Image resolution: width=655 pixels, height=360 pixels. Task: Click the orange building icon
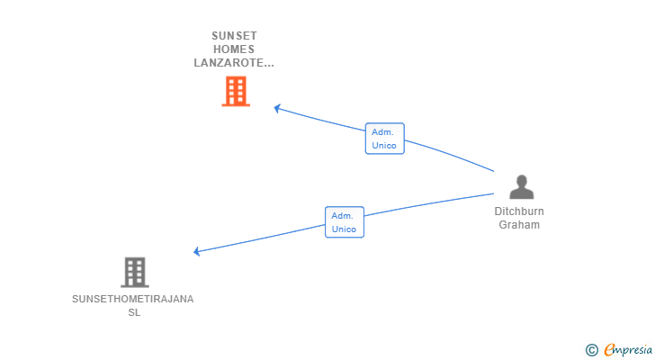click(x=235, y=91)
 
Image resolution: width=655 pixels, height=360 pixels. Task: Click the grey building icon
click(x=134, y=272)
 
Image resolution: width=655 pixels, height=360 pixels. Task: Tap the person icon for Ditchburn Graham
click(x=521, y=187)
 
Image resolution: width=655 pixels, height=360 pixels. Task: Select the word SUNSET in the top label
click(x=234, y=36)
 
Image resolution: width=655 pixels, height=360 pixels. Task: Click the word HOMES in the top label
click(x=234, y=49)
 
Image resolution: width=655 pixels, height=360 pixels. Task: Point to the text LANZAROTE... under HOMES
click(x=234, y=63)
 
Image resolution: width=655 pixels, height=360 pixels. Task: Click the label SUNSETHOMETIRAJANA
click(x=133, y=299)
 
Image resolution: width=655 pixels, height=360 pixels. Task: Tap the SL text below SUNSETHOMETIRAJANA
click(x=134, y=312)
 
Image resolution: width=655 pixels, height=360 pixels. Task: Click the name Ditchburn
click(x=519, y=211)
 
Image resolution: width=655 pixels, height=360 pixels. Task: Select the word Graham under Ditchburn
click(x=519, y=225)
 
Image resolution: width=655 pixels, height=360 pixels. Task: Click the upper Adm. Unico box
click(x=384, y=139)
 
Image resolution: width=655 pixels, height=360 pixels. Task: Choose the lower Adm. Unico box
click(x=344, y=222)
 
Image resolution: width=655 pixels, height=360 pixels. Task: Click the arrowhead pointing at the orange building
click(x=277, y=108)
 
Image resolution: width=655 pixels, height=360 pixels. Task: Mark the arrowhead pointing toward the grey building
click(x=197, y=251)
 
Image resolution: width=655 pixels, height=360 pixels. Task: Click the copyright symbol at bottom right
click(x=591, y=349)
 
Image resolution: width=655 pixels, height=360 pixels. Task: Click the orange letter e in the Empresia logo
click(x=610, y=349)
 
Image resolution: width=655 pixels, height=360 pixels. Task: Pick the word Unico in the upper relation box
click(x=384, y=146)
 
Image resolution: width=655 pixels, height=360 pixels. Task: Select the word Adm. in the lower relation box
click(x=342, y=216)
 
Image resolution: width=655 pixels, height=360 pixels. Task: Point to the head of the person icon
click(x=522, y=180)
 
